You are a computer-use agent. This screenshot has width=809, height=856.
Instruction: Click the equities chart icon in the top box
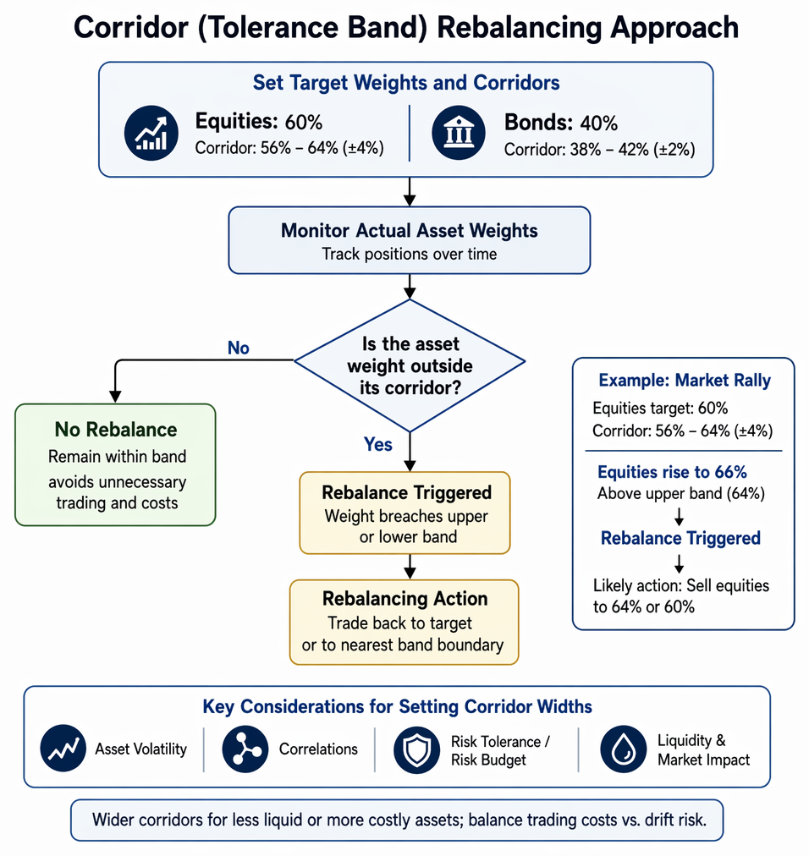151,133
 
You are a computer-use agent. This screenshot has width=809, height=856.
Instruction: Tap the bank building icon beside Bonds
459,133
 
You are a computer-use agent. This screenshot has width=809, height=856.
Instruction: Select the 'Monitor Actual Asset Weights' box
409,240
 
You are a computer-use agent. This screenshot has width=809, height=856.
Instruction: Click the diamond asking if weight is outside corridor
410,365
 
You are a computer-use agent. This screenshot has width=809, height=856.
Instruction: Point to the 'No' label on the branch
238,348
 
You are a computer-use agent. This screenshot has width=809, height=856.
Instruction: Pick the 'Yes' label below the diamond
378,444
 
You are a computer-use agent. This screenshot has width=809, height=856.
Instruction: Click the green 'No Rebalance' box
115,464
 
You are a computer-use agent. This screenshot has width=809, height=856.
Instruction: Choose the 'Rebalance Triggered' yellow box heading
406,492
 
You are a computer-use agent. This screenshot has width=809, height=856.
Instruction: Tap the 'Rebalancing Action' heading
404,598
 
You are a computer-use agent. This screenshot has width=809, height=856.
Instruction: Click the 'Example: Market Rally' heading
685,380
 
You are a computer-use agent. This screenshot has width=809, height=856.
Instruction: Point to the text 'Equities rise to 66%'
672,472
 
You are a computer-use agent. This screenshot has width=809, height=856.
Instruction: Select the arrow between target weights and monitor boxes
410,192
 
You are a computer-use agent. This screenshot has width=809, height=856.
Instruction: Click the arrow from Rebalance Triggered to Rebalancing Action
410,567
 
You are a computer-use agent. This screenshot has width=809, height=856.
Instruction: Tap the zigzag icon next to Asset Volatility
63,748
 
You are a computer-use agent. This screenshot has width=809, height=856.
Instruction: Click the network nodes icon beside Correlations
245,749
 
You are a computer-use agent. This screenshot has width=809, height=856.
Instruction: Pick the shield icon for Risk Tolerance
417,749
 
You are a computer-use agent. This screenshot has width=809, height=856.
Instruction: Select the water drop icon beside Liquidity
624,749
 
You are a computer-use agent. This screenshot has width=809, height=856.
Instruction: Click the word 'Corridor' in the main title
131,28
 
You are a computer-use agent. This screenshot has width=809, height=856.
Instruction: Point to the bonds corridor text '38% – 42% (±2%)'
633,149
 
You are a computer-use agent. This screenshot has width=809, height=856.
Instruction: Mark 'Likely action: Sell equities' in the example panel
681,586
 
